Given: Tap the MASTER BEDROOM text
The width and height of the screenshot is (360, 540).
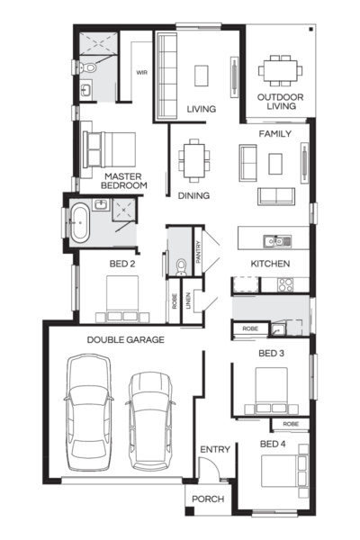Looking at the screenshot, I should (x=125, y=181).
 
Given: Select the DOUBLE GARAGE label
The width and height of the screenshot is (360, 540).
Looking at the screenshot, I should (x=125, y=339).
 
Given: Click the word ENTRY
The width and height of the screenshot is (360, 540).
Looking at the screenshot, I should (x=214, y=449).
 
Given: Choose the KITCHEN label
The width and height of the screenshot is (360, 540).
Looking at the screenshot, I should (x=269, y=264).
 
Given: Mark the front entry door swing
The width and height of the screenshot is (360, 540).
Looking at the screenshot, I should (x=206, y=470).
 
